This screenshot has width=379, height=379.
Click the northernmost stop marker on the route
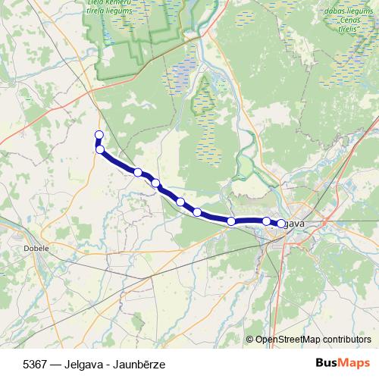point(99,136)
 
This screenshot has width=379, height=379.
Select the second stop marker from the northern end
point(100,149)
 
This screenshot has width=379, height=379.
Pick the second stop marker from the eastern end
point(267,221)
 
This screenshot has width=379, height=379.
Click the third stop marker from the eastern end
point(231,221)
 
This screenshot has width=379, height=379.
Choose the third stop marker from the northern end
point(138,172)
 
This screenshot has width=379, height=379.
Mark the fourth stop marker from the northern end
point(155,183)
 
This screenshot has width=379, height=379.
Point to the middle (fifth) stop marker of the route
point(180,202)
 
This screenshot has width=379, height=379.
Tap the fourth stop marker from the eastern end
point(197,211)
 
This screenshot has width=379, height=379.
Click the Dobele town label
point(36,248)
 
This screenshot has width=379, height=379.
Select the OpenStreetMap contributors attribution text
point(313,340)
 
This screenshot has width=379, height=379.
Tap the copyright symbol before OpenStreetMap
point(249,340)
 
